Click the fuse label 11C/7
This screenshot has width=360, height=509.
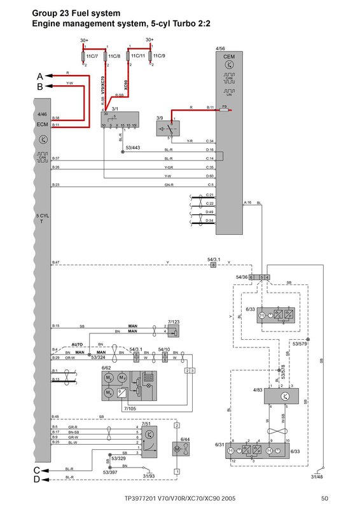coord(90,56)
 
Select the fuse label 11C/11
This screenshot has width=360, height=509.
coord(137,56)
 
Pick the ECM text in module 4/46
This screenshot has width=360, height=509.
coord(43,123)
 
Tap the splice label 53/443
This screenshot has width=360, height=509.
coord(134,148)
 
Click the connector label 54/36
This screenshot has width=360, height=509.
coord(240,277)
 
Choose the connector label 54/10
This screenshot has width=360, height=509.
coord(164,349)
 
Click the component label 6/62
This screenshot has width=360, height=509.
coord(106,368)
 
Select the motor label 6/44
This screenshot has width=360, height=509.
coord(184,440)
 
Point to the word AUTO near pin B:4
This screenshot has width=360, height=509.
coord(78,342)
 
